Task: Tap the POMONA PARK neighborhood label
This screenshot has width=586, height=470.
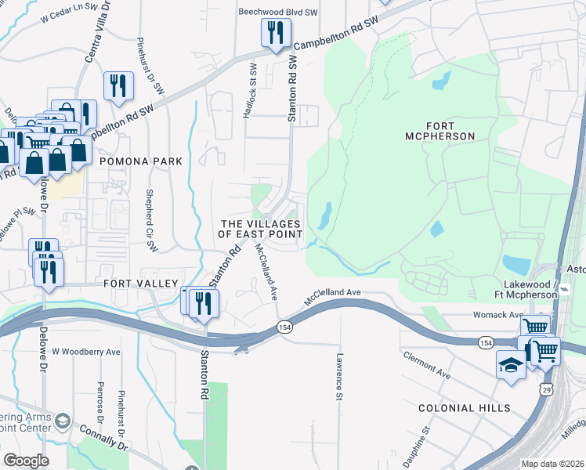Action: point(140,161)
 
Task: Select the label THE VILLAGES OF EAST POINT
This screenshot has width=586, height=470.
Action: point(260,230)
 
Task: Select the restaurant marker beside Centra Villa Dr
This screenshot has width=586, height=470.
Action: point(118,86)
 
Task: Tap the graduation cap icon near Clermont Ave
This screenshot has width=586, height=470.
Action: point(511,366)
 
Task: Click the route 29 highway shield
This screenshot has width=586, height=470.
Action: point(546,389)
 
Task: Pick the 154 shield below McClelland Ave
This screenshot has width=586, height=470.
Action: point(285,327)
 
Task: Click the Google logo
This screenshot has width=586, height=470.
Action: point(26,461)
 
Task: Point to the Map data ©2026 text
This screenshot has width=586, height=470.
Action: point(552,464)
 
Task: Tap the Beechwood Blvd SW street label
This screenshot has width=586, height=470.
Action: point(277,13)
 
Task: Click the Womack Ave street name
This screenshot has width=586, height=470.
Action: point(498,315)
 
